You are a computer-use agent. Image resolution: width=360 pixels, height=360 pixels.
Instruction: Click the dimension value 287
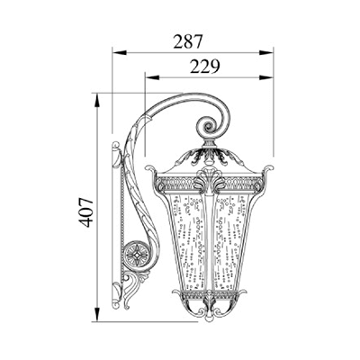pyautogui.click(x=188, y=41)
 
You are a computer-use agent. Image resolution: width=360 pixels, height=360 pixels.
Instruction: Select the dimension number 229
pyautogui.click(x=205, y=67)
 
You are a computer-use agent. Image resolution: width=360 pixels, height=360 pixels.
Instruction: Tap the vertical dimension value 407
pyautogui.click(x=84, y=212)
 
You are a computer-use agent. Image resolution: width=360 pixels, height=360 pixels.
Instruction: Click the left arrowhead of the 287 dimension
pyautogui.click(x=119, y=53)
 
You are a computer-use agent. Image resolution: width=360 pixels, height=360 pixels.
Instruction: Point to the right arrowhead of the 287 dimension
pyautogui.click(x=266, y=53)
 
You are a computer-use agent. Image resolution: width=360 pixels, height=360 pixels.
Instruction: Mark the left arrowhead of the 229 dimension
pyautogui.click(x=152, y=77)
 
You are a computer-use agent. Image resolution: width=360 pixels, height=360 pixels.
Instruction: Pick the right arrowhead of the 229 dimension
pyautogui.click(x=266, y=77)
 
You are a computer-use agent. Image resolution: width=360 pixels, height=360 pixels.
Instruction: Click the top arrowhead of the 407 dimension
pyautogui.click(x=96, y=100)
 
